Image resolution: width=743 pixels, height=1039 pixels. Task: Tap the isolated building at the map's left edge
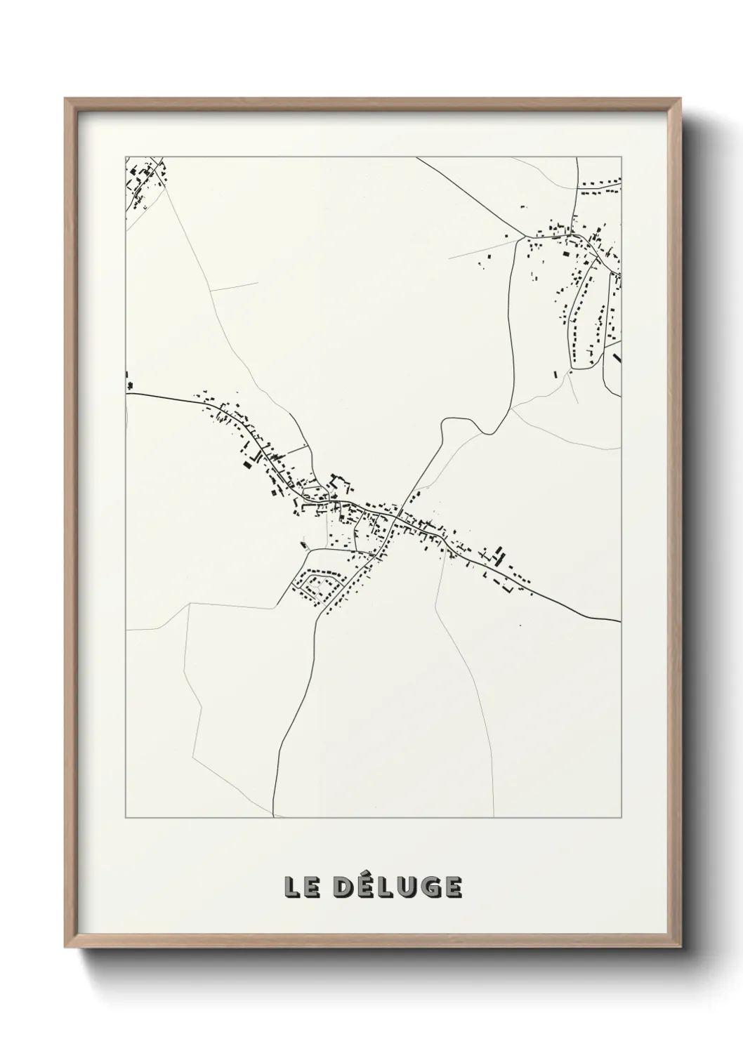(x=129, y=384)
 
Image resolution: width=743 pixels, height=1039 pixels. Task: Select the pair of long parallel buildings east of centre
(x=500, y=555)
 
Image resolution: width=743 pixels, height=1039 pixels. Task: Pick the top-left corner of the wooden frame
(x=67, y=100)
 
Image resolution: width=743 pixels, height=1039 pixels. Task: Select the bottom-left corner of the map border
(x=126, y=818)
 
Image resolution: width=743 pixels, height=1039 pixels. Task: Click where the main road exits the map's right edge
(x=621, y=621)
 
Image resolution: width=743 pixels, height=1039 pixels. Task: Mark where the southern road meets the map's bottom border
(x=273, y=817)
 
